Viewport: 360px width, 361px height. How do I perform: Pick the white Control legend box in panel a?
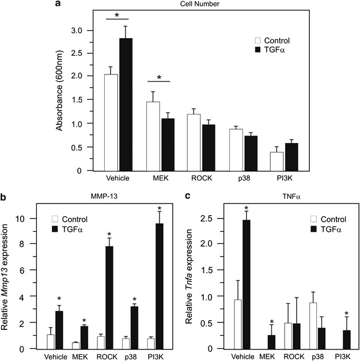pyautogui.click(x=259, y=40)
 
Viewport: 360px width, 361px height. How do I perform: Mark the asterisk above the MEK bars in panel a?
pyautogui.click(x=160, y=77)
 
